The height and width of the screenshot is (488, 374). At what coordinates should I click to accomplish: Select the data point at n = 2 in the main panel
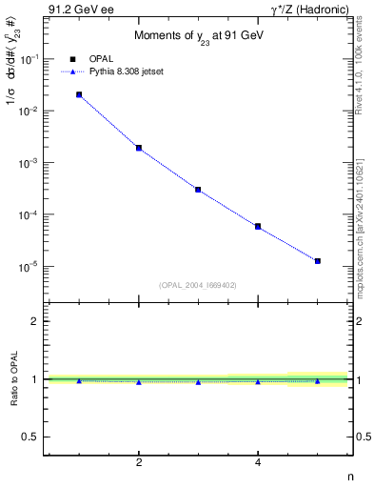pyautogui.click(x=139, y=148)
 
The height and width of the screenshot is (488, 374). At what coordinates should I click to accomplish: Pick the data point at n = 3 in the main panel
pyautogui.click(x=198, y=190)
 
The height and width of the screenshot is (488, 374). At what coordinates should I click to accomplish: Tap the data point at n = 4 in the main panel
pyautogui.click(x=258, y=226)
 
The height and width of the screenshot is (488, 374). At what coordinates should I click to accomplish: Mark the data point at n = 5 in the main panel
pyautogui.click(x=318, y=260)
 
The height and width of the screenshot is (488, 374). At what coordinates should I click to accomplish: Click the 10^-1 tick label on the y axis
pyautogui.click(x=30, y=59)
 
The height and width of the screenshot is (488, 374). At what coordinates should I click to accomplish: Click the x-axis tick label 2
pyautogui.click(x=139, y=462)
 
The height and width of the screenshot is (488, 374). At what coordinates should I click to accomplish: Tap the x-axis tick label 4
pyautogui.click(x=258, y=462)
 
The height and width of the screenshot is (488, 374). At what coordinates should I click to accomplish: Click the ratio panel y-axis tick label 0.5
pyautogui.click(x=31, y=437)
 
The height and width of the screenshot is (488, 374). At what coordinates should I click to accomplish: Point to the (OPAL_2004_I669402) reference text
pyautogui.click(x=198, y=284)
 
